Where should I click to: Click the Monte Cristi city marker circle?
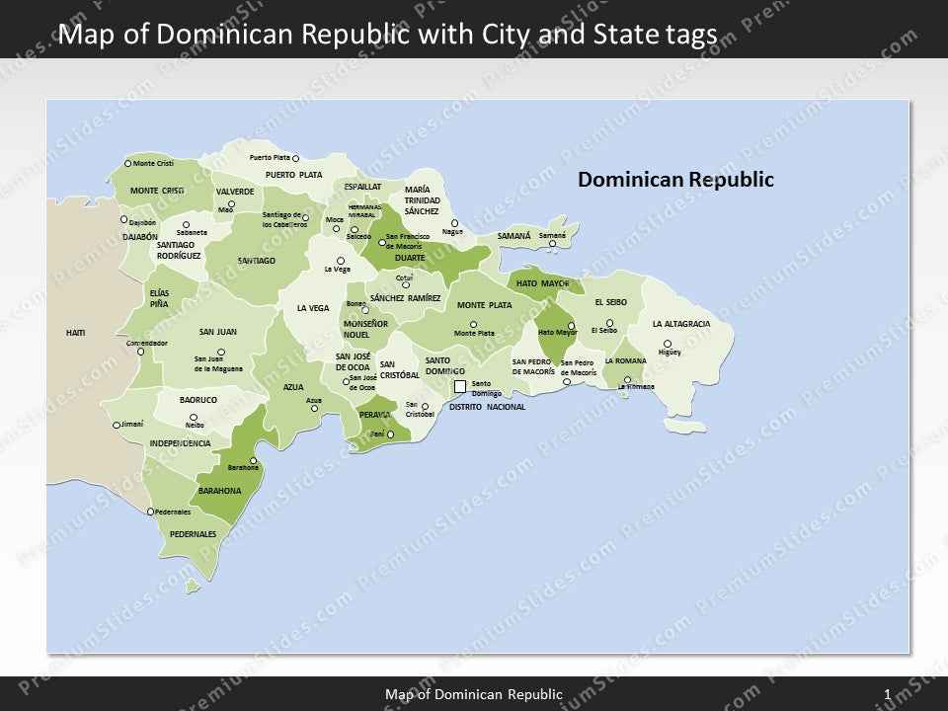tap(127, 163)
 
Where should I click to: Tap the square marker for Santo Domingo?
tap(459, 386)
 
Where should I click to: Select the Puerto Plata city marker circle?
tap(295, 158)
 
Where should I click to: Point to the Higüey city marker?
tap(668, 344)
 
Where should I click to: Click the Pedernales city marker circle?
tap(150, 512)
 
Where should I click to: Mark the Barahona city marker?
tap(254, 460)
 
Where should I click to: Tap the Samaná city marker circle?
tap(552, 243)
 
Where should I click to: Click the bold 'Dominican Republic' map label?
tap(675, 180)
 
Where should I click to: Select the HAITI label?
tap(76, 333)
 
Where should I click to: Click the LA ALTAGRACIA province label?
tap(680, 324)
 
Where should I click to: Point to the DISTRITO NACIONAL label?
tap(487, 407)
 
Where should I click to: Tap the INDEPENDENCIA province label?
tap(180, 443)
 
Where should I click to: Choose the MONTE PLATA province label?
tap(484, 305)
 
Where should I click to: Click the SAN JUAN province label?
tap(218, 332)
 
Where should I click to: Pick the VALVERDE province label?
tap(235, 192)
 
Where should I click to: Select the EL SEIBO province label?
tap(610, 302)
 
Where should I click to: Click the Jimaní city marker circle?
tap(116, 426)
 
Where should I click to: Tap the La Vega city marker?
tap(341, 261)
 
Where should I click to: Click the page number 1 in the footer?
tap(888, 695)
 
